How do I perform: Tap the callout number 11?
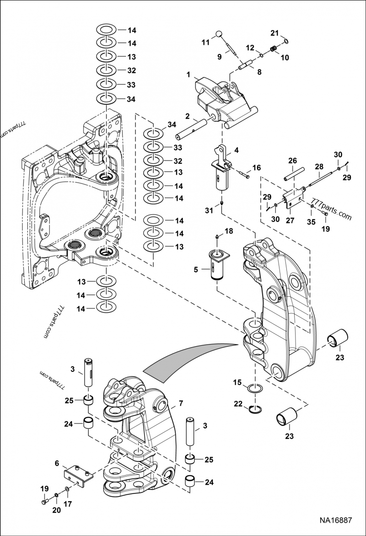point(205,42)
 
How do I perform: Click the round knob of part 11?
point(219,33)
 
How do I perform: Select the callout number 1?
point(188,74)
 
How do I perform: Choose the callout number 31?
point(209,210)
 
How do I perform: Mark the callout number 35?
point(312,223)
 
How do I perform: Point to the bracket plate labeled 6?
point(78,475)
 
